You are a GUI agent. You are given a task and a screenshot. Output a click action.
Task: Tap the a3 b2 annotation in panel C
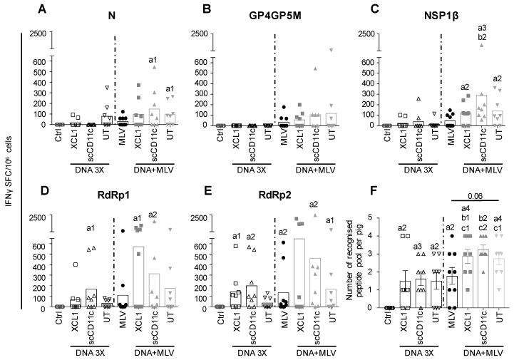coord(481,31)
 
